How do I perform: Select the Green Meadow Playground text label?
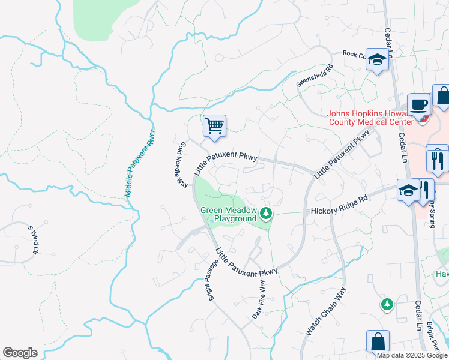[x=228, y=215]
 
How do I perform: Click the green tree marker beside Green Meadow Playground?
[x=265, y=212]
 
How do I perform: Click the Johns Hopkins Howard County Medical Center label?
[x=370, y=118]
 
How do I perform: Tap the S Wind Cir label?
[x=34, y=239]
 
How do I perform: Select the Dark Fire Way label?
[x=259, y=298]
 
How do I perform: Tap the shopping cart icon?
[x=214, y=126]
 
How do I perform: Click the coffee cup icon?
[x=418, y=104]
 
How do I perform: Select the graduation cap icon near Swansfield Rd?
[x=377, y=59]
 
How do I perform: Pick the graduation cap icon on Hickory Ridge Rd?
[x=408, y=190]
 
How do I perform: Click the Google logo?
[x=20, y=353]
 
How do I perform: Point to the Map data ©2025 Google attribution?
[x=411, y=355]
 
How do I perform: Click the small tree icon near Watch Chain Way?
[x=387, y=304]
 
